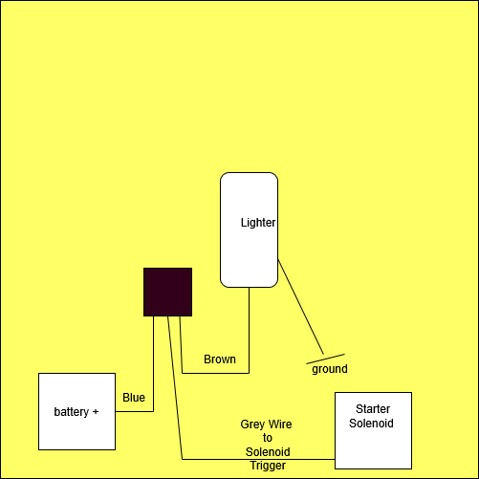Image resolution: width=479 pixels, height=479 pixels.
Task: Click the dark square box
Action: point(167,292)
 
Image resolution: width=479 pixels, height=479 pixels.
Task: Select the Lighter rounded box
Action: point(249,229)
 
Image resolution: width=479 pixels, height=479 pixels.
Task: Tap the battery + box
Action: point(76,411)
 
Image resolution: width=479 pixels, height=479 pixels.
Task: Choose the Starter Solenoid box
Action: point(373,430)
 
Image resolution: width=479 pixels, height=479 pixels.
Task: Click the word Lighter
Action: point(258,223)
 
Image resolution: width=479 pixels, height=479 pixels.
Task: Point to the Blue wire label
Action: point(134,398)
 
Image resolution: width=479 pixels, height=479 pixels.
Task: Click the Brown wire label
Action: point(220,359)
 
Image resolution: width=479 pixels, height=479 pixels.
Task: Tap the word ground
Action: point(330,369)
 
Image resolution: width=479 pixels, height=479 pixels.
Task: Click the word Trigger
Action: point(268,466)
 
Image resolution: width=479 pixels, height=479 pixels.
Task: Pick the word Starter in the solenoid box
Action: point(373,408)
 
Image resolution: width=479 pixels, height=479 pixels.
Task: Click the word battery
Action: point(72,412)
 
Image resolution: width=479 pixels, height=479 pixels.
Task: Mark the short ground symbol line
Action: point(325,359)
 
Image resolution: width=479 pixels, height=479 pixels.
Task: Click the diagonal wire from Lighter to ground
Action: point(301,307)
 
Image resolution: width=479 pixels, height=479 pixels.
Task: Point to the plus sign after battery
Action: point(96,412)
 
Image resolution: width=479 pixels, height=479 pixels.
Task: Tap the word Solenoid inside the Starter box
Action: point(371,424)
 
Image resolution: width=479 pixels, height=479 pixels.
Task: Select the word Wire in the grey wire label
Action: point(280,425)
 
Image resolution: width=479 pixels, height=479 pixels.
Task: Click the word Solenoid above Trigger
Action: point(268,452)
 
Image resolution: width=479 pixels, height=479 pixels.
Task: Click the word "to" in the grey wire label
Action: point(268,438)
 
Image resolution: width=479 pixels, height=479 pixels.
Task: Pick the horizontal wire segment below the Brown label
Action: point(215,373)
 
